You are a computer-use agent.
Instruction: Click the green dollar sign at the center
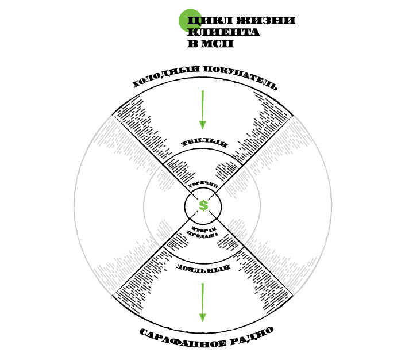[203, 205]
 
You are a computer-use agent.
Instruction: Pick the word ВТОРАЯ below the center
[203, 228]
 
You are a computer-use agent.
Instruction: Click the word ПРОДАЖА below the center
[203, 235]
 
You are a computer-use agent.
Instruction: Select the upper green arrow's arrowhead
[202, 124]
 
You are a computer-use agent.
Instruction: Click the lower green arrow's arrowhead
[202, 317]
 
